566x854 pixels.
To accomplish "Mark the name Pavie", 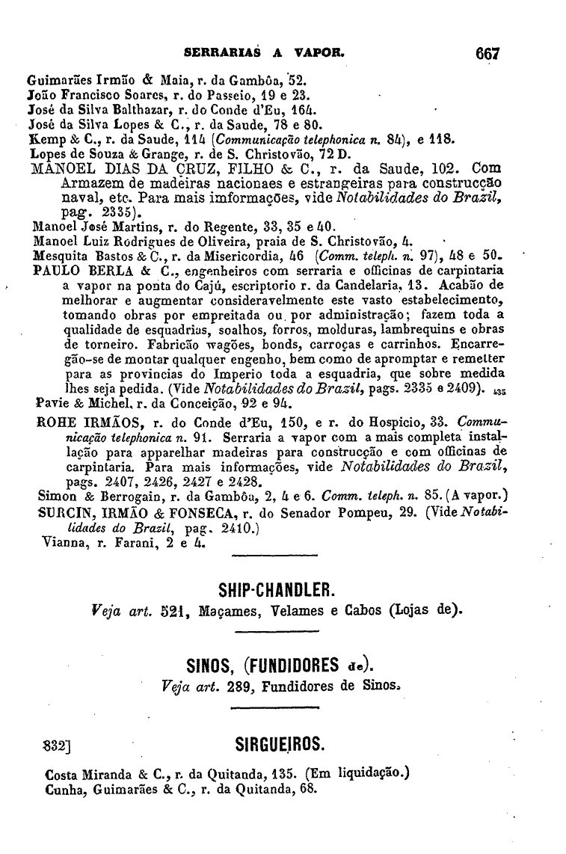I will point(51,404).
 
